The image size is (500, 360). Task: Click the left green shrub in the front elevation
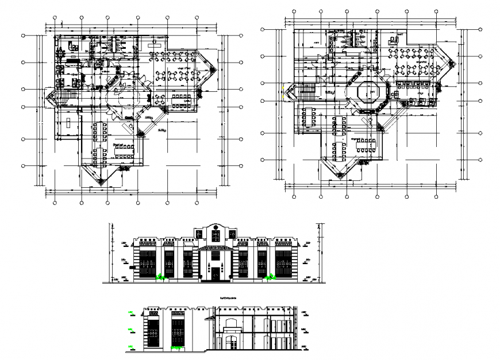162,278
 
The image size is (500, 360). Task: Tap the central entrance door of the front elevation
214,273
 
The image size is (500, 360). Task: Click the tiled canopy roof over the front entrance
214,248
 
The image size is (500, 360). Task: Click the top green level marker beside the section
131,312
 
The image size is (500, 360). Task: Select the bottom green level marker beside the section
131,346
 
